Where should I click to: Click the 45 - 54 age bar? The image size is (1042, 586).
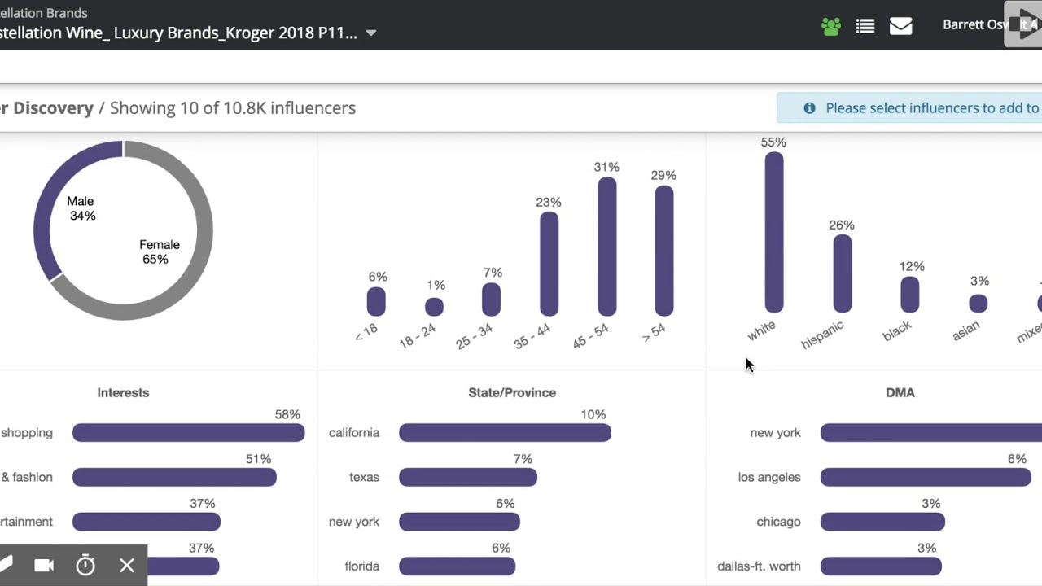606,246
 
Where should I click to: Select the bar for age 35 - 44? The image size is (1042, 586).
549,263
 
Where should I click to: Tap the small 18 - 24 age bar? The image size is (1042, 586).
434,307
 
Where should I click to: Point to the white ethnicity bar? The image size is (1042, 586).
773,232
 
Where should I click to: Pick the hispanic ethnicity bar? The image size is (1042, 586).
842,273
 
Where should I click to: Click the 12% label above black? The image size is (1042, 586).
912,266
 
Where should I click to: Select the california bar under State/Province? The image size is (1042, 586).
505,433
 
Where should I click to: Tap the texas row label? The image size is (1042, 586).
364,477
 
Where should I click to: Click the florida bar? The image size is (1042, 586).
457,566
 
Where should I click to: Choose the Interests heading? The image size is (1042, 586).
123,392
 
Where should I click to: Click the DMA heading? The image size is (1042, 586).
900,392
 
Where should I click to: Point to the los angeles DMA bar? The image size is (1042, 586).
925,478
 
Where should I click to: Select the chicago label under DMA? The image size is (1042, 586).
778,522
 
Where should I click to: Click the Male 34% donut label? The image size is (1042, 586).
81,208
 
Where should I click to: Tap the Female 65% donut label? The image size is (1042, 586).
159,251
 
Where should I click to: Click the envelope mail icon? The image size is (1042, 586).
900,26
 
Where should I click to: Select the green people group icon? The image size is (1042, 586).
830,26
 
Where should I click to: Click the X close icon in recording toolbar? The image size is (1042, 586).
127,566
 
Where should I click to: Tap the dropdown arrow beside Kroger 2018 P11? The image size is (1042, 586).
370,33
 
